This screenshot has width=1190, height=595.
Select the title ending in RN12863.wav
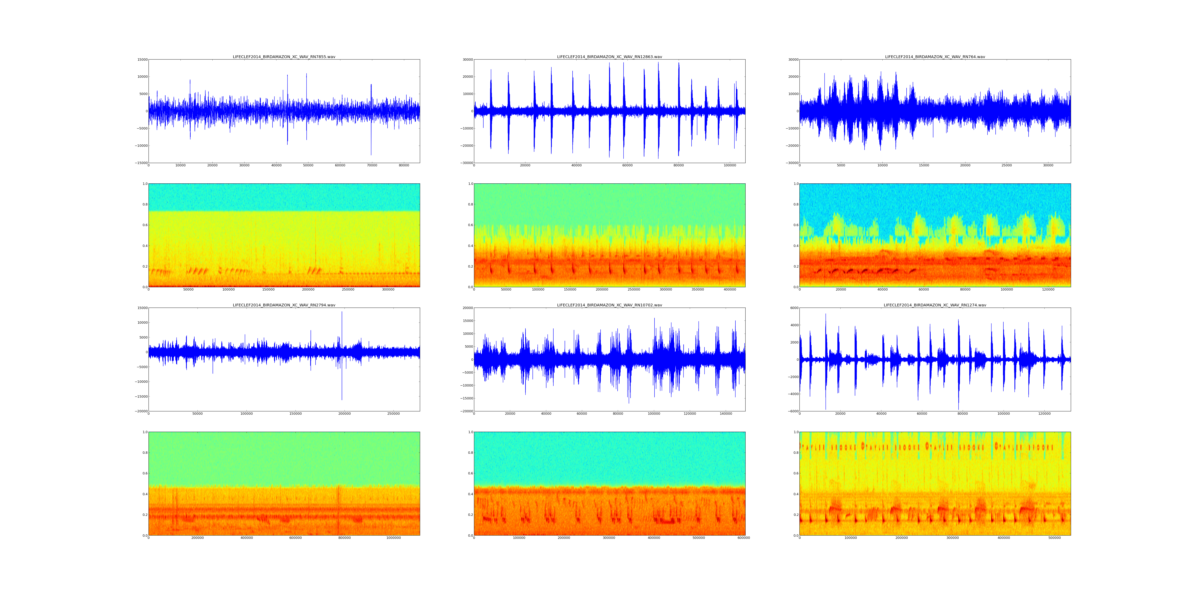[x=609, y=57]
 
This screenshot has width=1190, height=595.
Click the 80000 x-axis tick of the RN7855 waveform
[x=404, y=165]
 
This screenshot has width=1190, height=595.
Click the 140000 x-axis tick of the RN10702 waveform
[x=726, y=414]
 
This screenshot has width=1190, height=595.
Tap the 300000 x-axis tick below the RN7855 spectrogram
[x=388, y=290]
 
